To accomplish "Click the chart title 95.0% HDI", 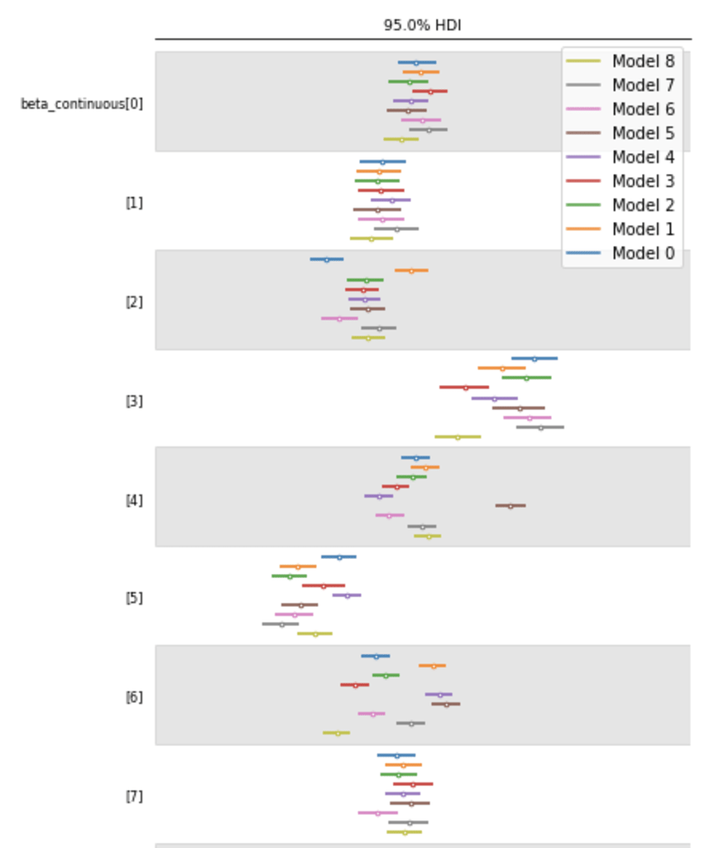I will (x=422, y=26).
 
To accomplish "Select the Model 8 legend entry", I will (x=643, y=61).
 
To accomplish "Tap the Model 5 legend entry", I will (x=643, y=133).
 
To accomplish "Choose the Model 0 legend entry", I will (x=643, y=253).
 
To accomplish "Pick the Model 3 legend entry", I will (x=643, y=181).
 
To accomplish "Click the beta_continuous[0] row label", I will (x=81, y=104).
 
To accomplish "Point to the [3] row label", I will (x=133, y=402).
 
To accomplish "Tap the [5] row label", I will (x=133, y=598).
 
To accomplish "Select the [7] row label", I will (x=133, y=797).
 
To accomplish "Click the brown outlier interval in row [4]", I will (x=511, y=506).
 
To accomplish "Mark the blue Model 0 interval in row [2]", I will (x=327, y=259).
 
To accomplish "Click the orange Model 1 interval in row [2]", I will (x=411, y=270).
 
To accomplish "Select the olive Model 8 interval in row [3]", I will (x=458, y=436).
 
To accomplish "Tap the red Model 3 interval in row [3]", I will (x=464, y=387).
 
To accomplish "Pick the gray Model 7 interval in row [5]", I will (x=280, y=624).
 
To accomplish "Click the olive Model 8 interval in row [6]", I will (x=336, y=733).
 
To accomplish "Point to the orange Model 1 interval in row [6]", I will (x=432, y=665).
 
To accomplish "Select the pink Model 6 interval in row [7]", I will (x=377, y=812).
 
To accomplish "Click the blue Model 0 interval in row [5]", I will (x=338, y=556).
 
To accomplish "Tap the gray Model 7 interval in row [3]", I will (x=540, y=427).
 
